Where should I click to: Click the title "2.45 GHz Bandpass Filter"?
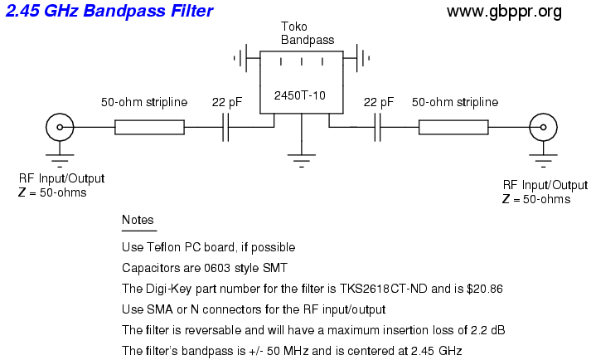[109, 12]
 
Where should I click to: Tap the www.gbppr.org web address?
[504, 12]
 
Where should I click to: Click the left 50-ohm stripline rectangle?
[149, 127]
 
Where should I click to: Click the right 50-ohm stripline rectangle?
[453, 127]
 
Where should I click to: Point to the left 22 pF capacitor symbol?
[225, 127]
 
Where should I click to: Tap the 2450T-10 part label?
[299, 95]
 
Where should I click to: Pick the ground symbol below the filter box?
[301, 157]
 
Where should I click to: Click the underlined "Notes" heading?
[138, 220]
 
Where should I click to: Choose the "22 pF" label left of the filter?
[226, 102]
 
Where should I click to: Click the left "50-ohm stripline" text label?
[145, 102]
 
